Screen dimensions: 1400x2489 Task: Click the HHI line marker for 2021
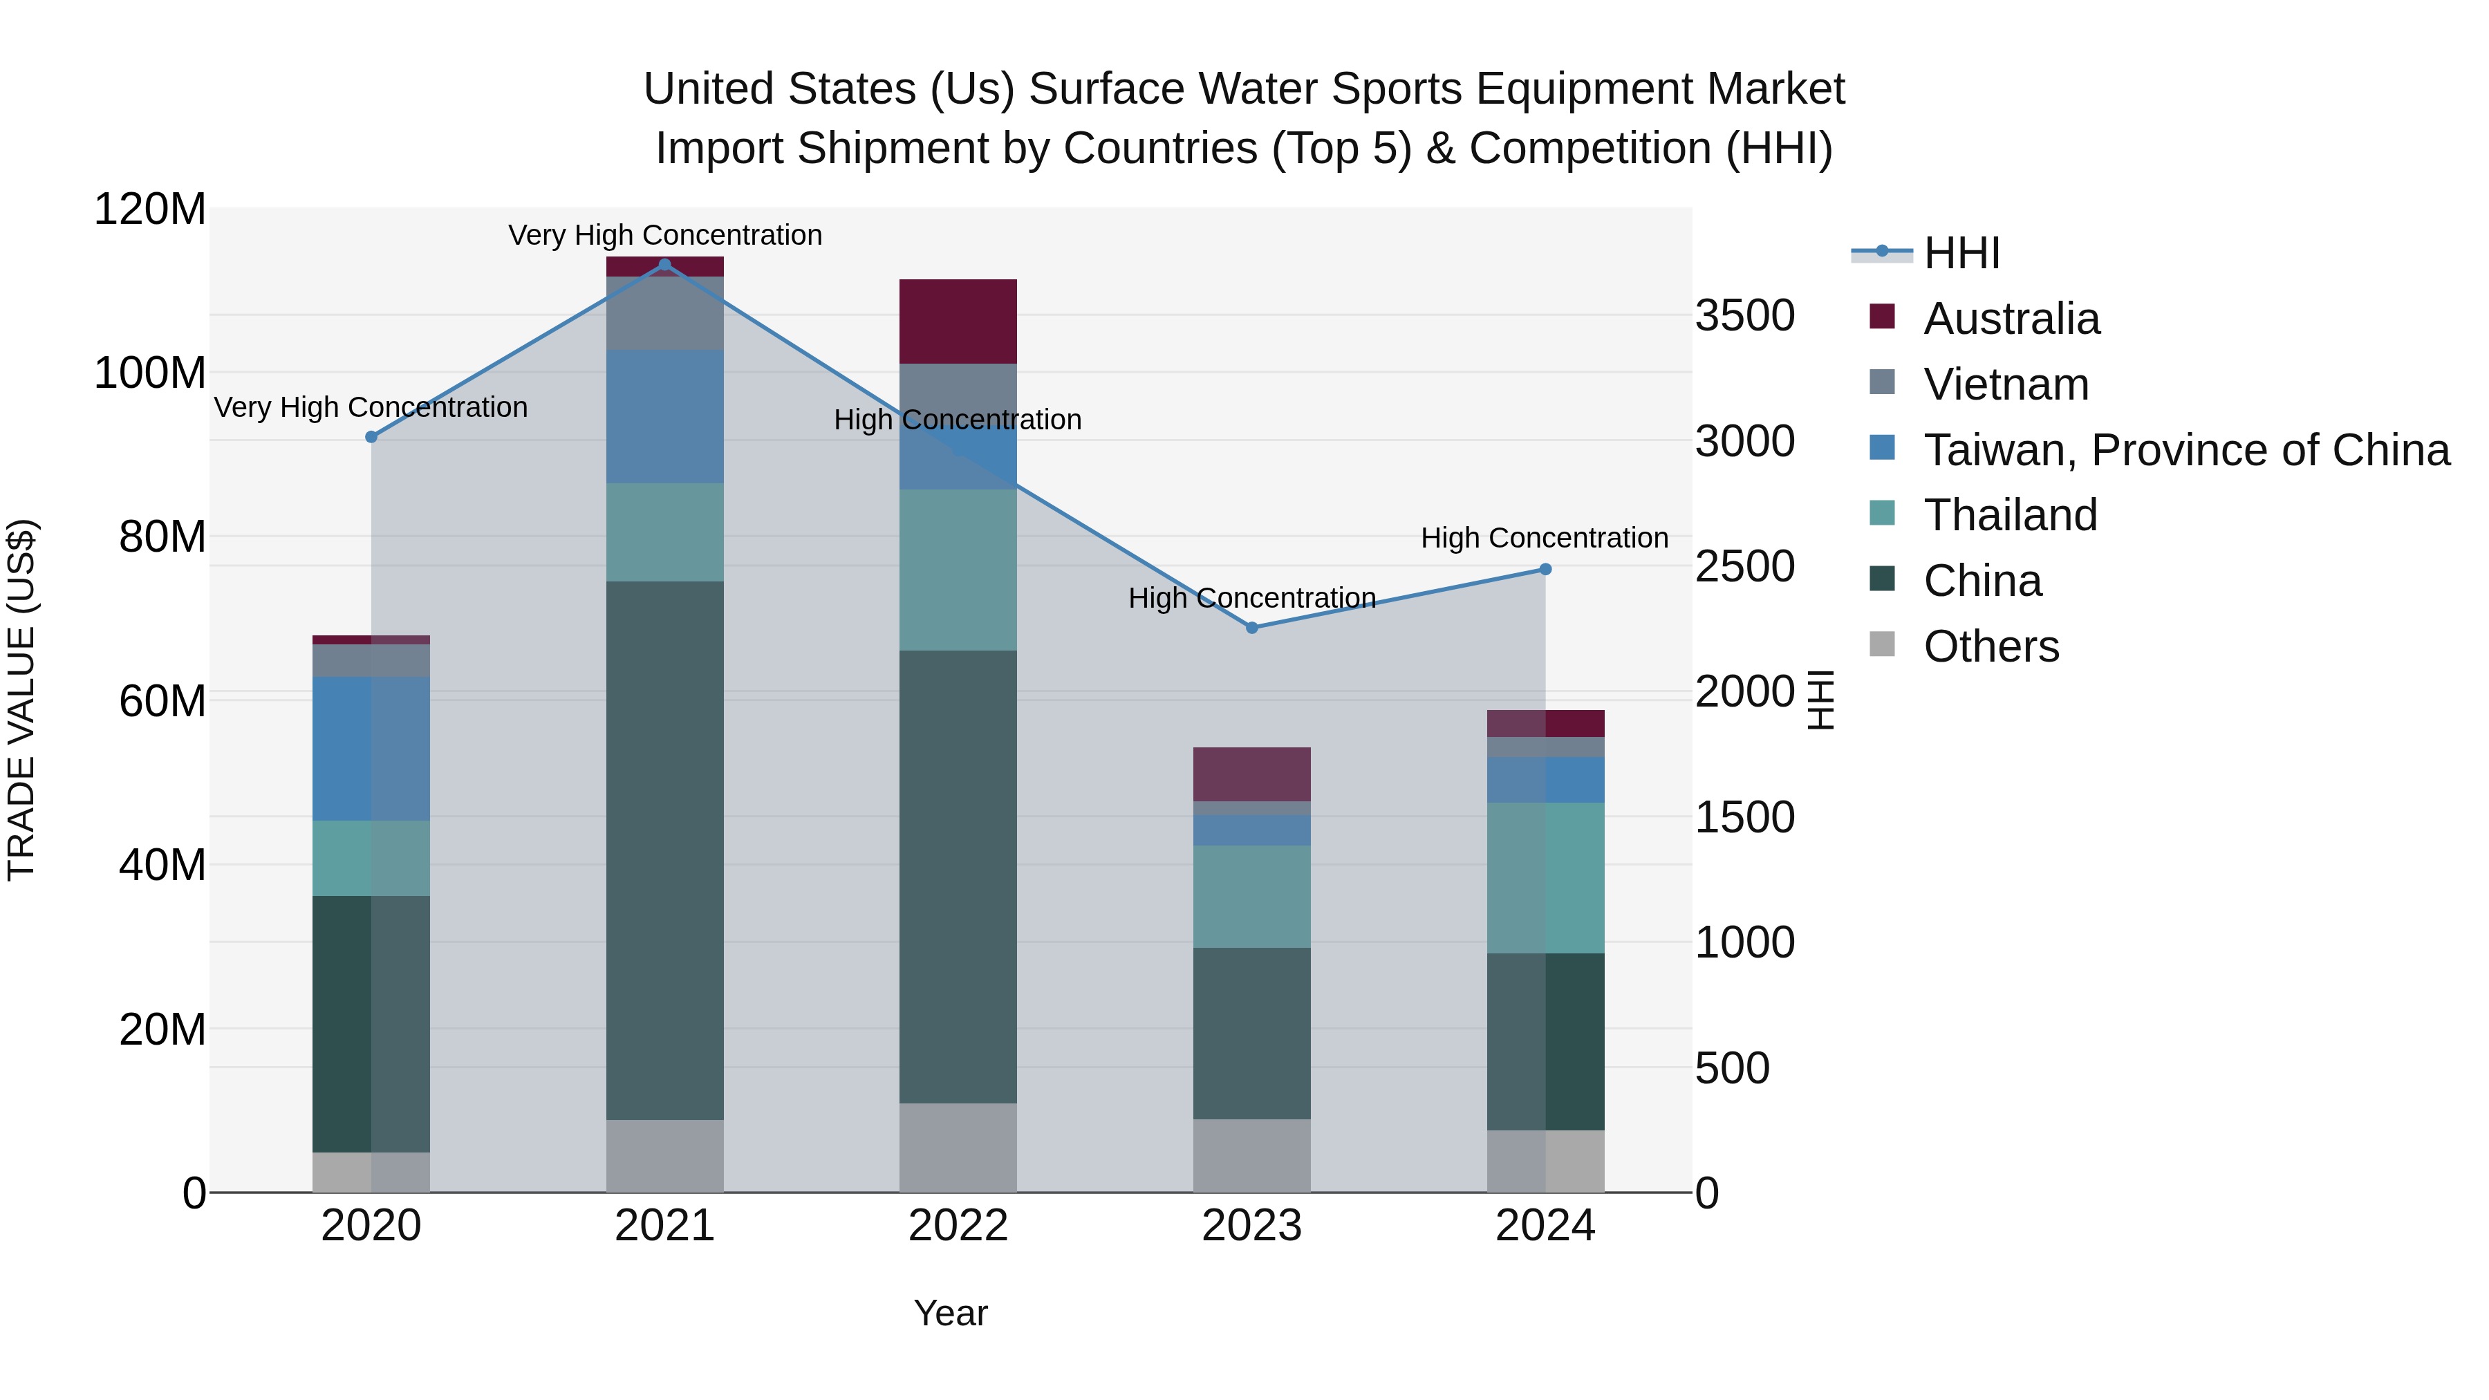664,265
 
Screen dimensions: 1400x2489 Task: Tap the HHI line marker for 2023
1252,628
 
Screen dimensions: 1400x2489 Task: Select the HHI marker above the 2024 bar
1545,570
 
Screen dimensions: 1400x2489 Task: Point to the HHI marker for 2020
371,437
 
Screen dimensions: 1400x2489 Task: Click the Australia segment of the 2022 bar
958,321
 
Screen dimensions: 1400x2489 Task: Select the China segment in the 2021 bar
664,850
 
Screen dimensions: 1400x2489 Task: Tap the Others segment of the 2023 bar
1251,1155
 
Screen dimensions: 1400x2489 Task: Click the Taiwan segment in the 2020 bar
371,749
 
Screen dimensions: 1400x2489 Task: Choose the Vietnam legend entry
2006,384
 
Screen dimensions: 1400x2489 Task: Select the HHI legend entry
1961,253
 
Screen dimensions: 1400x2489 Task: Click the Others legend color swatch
1882,644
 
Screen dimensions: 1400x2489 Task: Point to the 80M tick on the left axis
162,537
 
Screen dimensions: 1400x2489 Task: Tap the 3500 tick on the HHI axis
1745,316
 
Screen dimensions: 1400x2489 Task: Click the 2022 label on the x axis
958,1226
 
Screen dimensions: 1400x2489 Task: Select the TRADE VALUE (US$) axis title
21,700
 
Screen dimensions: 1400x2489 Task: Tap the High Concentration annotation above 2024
1544,538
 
